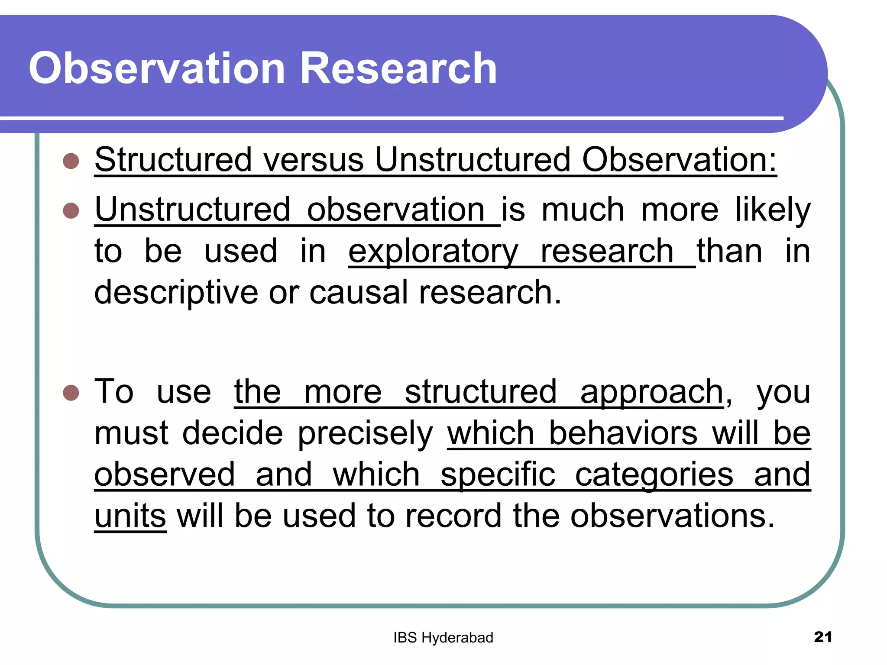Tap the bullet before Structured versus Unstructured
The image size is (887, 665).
click(71, 161)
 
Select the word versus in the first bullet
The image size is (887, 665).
click(314, 160)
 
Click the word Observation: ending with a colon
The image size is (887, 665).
click(679, 160)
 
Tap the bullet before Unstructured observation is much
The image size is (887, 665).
click(71, 211)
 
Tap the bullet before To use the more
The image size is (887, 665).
click(71, 393)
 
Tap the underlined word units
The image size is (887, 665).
click(130, 517)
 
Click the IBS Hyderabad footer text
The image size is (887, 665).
click(443, 638)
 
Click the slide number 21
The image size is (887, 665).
click(823, 637)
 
